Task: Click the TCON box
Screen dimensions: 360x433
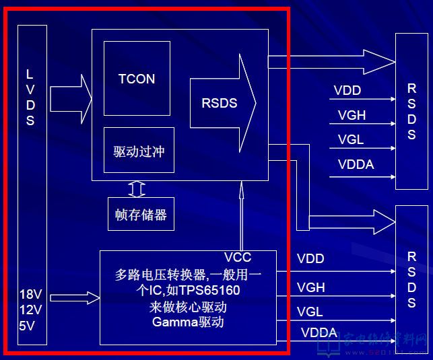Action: pyautogui.click(x=137, y=78)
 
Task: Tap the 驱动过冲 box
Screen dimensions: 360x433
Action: pyautogui.click(x=139, y=151)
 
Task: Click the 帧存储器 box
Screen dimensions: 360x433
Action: pyautogui.click(x=141, y=215)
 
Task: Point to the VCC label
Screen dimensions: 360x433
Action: pyautogui.click(x=238, y=258)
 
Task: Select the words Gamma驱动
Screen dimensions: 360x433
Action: pyautogui.click(x=188, y=323)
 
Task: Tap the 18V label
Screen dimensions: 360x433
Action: pyautogui.click(x=31, y=295)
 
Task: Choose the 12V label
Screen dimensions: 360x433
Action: pyautogui.click(x=31, y=310)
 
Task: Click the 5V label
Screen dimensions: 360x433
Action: pyautogui.click(x=27, y=326)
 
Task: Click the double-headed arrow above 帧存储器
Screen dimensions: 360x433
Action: pyautogui.click(x=137, y=189)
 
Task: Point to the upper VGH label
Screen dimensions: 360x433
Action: pyautogui.click(x=352, y=115)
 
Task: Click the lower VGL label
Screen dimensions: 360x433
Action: pyautogui.click(x=310, y=312)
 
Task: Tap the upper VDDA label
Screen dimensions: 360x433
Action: pyautogui.click(x=356, y=164)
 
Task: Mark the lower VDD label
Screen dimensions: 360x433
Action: pyautogui.click(x=310, y=258)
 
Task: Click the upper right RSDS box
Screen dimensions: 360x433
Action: pyautogui.click(x=411, y=111)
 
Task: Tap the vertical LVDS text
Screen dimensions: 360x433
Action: pyautogui.click(x=30, y=98)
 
